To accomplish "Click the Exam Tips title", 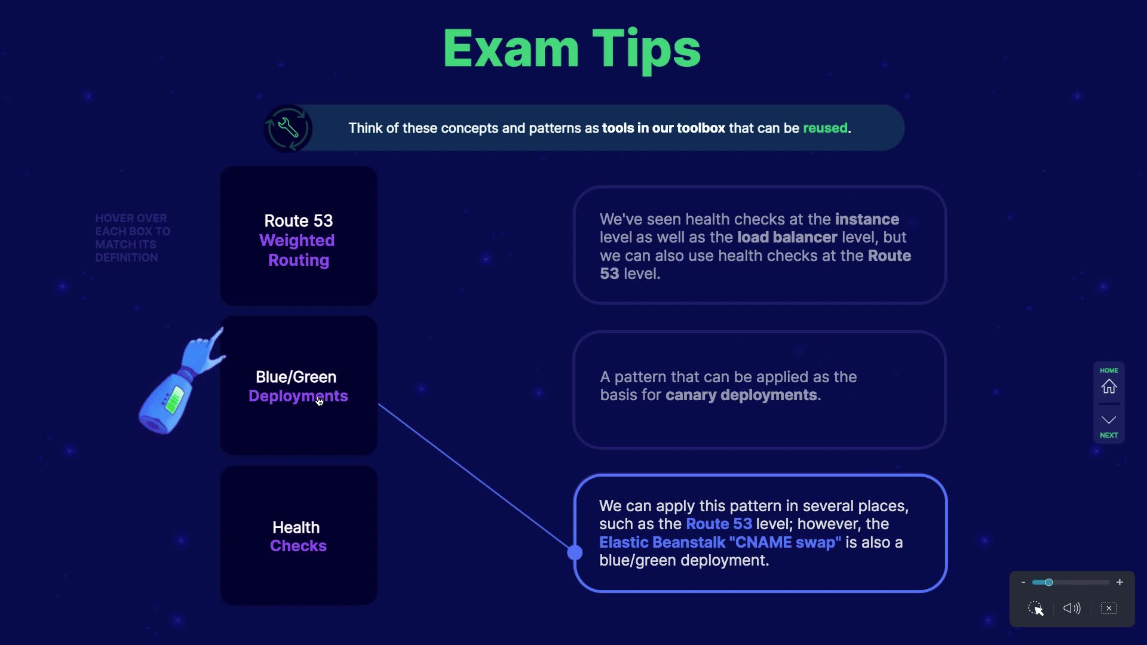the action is (572, 49).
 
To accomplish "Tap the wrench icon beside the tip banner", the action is (288, 128).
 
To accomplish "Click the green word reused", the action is (825, 128).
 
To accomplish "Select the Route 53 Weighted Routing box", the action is (299, 236).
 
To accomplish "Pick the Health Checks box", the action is (299, 536).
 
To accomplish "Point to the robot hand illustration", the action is (179, 382).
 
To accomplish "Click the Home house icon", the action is (1109, 386).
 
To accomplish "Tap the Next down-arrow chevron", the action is (1109, 420).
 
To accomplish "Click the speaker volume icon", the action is (1072, 608).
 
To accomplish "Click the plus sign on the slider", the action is (1120, 582).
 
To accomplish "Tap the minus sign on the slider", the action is (1023, 582).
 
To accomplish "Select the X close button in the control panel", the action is (1109, 608).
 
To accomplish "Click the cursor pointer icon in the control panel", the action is (1036, 608).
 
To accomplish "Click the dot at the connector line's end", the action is (575, 552).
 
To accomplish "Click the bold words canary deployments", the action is (741, 395).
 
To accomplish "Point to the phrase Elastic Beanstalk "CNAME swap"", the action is (720, 542).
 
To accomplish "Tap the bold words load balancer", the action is (787, 237).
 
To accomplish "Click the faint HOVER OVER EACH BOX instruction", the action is (132, 238).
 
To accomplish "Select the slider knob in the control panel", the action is (1048, 582).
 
